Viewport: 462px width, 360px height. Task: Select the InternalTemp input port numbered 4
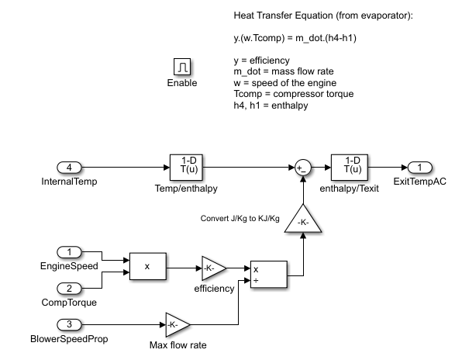[69, 167]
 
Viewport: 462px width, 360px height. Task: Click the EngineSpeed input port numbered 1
[69, 252]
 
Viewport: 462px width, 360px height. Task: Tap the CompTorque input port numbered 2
[69, 288]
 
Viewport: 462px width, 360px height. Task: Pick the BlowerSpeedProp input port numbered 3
[69, 324]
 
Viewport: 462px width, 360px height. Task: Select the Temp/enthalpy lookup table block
[184, 167]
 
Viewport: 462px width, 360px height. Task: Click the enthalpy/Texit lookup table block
[346, 167]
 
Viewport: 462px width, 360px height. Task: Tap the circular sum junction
[302, 167]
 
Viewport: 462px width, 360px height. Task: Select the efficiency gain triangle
[213, 269]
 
